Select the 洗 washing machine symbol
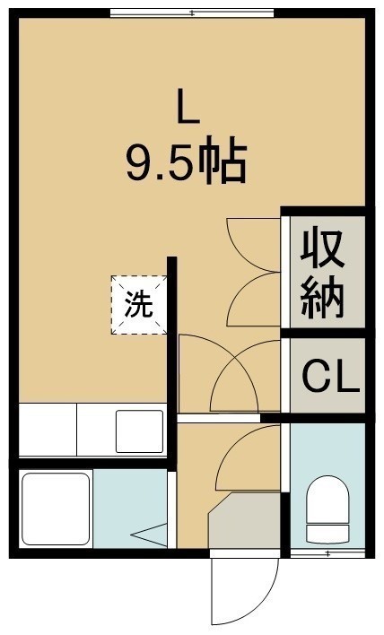[x=139, y=305]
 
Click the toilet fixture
[x=327, y=509]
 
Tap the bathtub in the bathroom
[x=56, y=509]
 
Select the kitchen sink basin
[x=140, y=431]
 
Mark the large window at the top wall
[x=192, y=13]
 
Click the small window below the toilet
[x=327, y=552]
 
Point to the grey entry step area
[x=244, y=521]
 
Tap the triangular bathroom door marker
[x=150, y=535]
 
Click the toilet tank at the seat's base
[x=327, y=534]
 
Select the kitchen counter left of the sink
[x=48, y=430]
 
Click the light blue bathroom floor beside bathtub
[x=130, y=509]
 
